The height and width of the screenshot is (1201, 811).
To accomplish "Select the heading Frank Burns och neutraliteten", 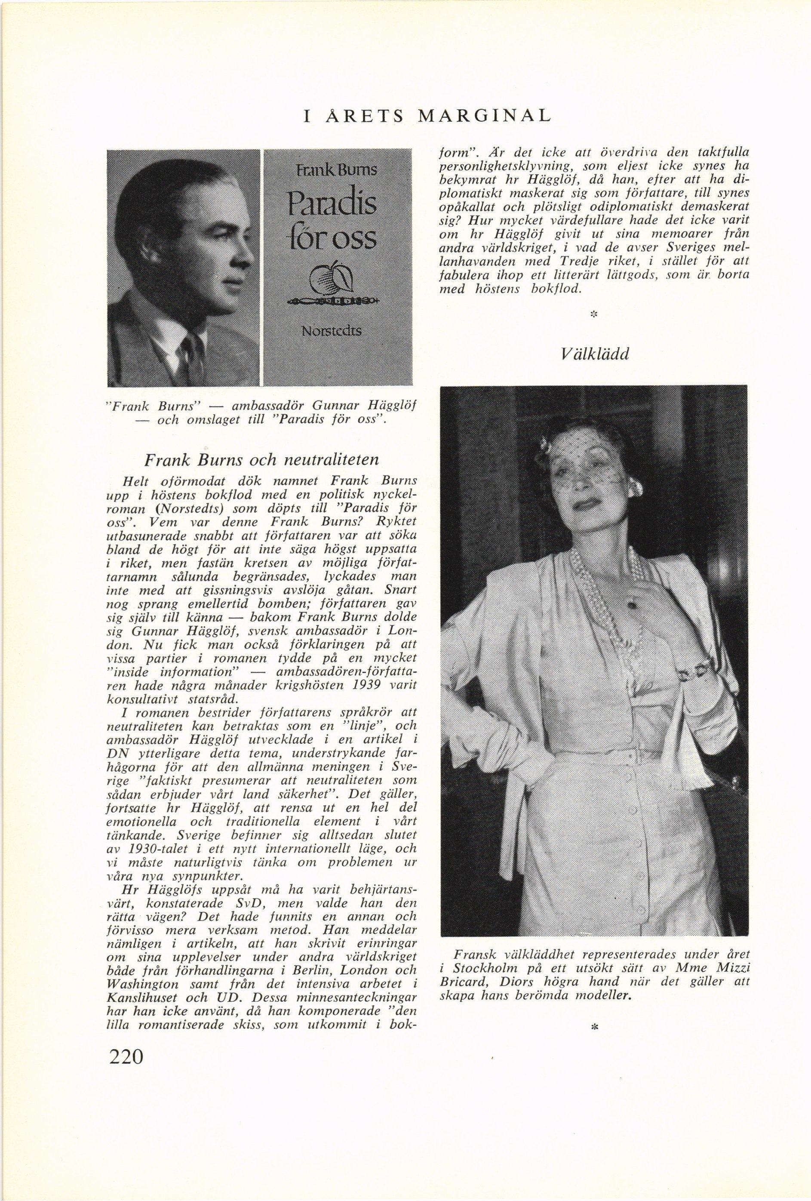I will point(261,459).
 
